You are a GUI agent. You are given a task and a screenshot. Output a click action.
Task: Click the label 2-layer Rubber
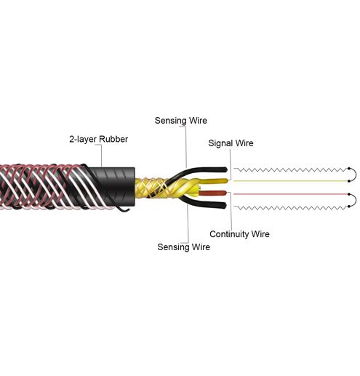click(98, 139)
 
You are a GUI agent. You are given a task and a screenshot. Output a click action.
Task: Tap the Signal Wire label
click(231, 143)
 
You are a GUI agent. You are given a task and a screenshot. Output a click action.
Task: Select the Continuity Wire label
click(239, 234)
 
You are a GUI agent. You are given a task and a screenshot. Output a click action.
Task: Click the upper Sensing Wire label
click(181, 121)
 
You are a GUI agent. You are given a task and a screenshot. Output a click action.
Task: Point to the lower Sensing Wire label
click(183, 247)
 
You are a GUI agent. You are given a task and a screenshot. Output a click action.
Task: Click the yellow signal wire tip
click(226, 180)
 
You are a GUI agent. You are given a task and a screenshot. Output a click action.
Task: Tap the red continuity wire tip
click(225, 193)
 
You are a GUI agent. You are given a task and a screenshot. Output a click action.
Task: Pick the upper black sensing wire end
click(225, 169)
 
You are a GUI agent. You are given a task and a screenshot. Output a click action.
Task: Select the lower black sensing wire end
click(225, 206)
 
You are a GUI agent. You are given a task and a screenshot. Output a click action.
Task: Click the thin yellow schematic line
click(290, 181)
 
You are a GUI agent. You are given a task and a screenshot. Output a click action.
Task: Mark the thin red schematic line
click(290, 194)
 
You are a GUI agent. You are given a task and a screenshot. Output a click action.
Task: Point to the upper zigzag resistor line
click(291, 169)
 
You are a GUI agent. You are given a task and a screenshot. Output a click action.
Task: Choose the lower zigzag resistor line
click(291, 207)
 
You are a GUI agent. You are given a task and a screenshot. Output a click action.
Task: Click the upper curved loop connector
click(356, 175)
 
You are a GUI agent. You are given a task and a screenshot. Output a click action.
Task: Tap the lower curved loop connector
click(356, 200)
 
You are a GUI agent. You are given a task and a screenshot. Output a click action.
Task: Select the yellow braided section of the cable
click(151, 188)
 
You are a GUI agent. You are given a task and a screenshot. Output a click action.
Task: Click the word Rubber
click(113, 139)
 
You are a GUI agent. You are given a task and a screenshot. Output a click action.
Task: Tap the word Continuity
click(229, 234)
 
